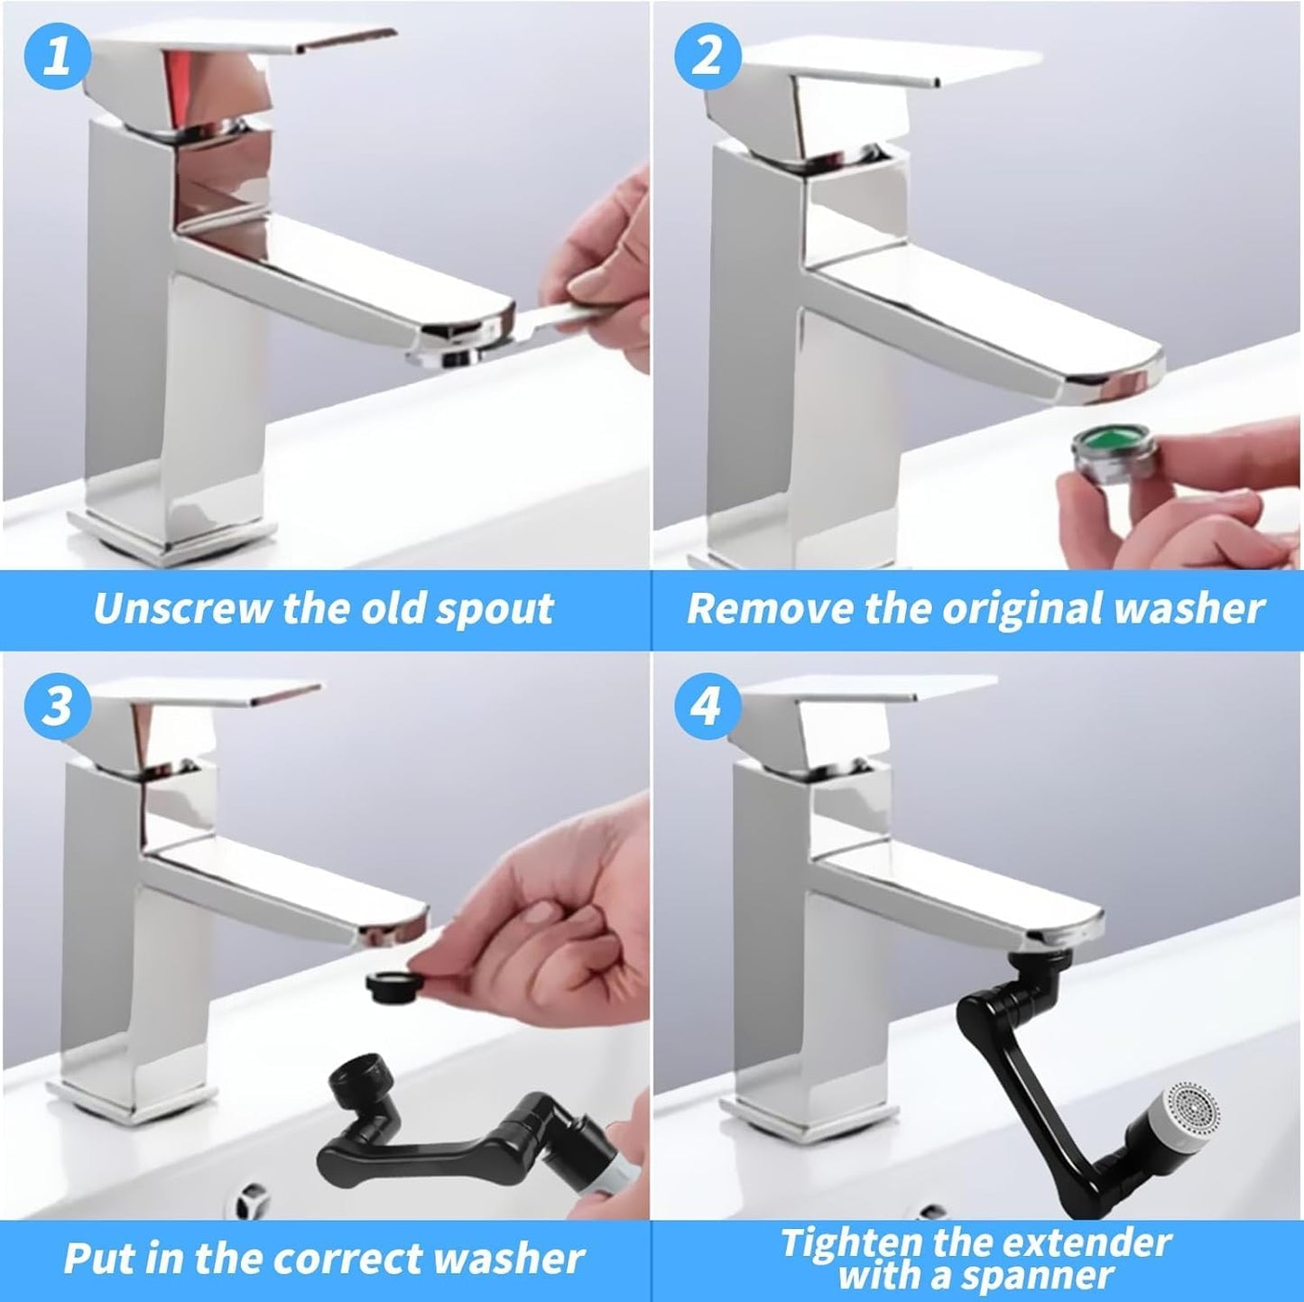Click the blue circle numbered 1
(x=58, y=57)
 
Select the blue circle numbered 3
(x=58, y=704)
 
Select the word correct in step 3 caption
(x=356, y=1259)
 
